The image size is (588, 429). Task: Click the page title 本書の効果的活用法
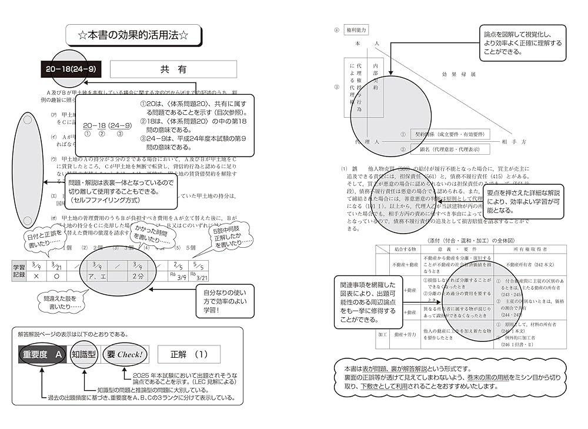(133, 35)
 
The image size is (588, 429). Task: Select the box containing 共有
(173, 69)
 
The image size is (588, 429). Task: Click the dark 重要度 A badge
(42, 355)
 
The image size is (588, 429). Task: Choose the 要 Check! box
(125, 355)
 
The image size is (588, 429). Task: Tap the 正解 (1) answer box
(189, 355)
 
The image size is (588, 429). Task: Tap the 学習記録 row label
(19, 271)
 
